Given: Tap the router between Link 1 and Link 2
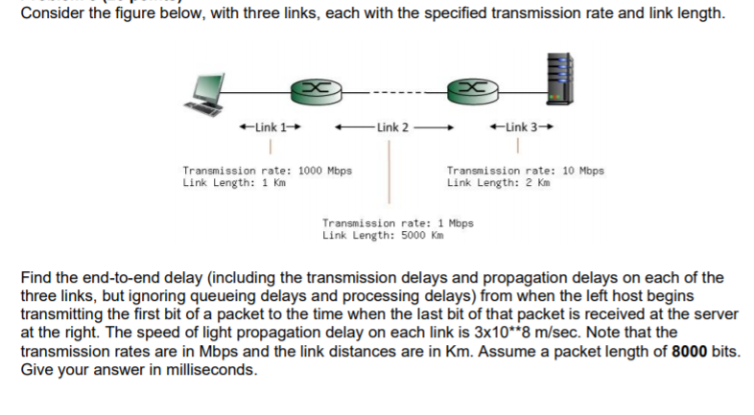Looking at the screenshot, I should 318,90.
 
